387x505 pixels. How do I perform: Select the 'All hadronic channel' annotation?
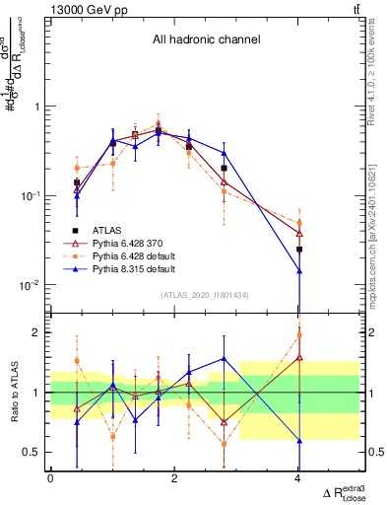point(206,40)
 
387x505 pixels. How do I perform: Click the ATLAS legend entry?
point(123,229)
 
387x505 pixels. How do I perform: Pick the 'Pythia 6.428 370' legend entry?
point(144,242)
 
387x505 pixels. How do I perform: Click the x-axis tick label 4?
point(298,478)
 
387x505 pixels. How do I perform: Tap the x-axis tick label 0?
point(50,478)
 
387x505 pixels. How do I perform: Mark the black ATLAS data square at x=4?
point(299,250)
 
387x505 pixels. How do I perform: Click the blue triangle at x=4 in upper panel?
point(299,270)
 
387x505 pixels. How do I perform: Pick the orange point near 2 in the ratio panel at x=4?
point(299,335)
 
